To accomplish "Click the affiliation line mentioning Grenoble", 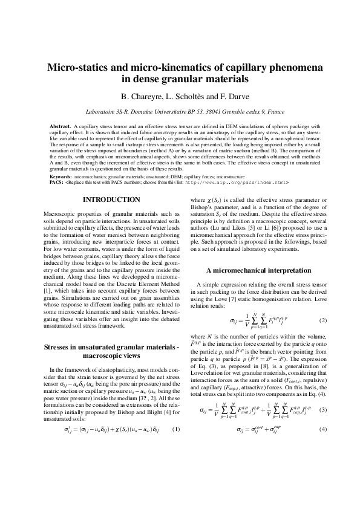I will coord(180,112).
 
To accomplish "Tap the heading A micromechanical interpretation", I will coord(258,270).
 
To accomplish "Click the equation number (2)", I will coord(322,320).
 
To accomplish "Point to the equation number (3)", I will coord(322,427).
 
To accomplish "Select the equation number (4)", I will coord(322,447).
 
